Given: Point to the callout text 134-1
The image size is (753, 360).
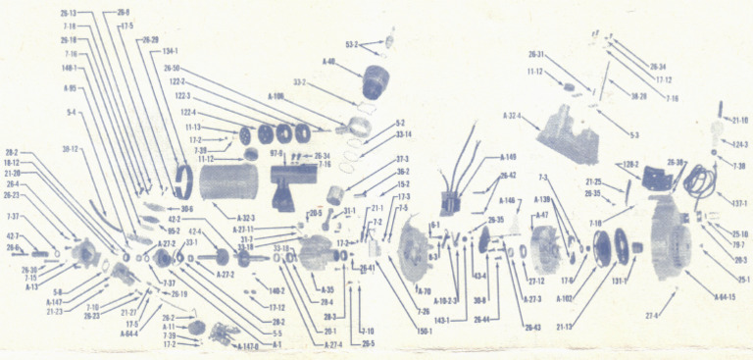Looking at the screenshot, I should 171,52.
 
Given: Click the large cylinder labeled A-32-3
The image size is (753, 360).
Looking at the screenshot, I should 230,186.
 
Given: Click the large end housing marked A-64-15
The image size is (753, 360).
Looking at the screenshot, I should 671,240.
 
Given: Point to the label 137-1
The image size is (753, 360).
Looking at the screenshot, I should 736,204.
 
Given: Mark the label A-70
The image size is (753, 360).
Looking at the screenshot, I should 425,291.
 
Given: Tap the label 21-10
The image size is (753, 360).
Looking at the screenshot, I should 738,120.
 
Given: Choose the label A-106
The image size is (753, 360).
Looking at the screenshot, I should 276,96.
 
